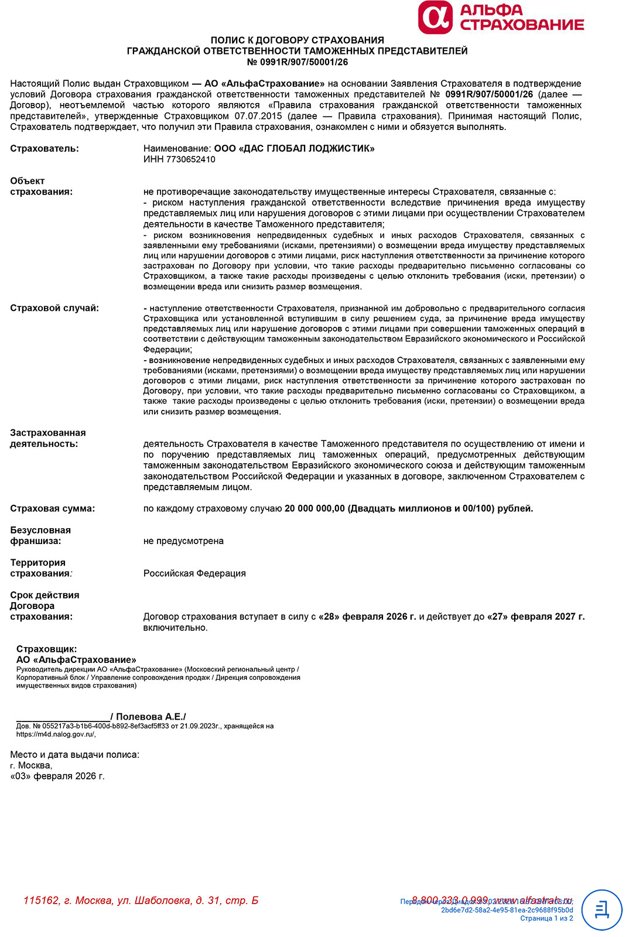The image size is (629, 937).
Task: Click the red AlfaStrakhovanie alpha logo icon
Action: coord(435,18)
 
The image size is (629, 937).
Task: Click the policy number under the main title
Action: coord(298,62)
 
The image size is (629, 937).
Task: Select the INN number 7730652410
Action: coord(191,159)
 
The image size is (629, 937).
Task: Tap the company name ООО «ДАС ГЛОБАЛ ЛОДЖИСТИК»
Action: coord(294,149)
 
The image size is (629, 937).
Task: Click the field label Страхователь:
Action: coord(45,149)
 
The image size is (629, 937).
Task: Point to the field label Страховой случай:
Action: coord(54,308)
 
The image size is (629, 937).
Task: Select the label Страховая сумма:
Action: coord(53,508)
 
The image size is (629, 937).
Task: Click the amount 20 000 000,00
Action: coord(314,508)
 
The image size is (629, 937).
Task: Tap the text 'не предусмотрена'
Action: coord(183,541)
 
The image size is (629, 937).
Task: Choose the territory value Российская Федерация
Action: coord(194,573)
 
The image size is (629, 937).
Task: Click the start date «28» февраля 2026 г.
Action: coord(367,617)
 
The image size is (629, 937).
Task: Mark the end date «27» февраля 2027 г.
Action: coord(535,617)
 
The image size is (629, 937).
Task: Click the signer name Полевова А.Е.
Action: coord(151,717)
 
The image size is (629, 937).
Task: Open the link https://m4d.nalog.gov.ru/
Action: coord(56,734)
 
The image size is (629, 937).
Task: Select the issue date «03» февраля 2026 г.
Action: coord(57,777)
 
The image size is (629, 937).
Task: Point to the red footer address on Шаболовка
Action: coord(141,901)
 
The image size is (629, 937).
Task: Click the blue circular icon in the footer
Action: coord(601,909)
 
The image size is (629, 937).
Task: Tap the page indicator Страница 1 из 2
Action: coord(546,918)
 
